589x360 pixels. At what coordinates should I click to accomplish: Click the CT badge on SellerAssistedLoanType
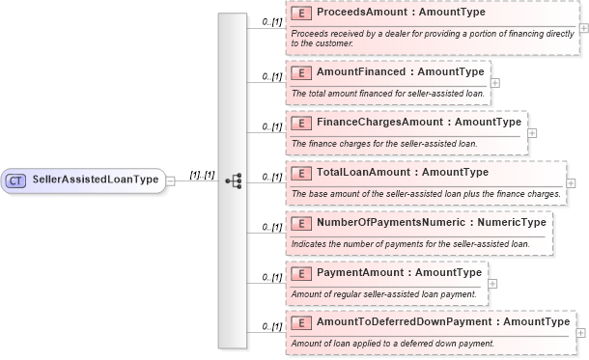(x=16, y=180)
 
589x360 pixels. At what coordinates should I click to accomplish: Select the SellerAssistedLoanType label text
(x=95, y=180)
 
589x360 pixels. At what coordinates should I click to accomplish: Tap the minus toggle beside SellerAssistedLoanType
(x=170, y=180)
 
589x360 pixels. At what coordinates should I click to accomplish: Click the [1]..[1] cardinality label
(x=202, y=174)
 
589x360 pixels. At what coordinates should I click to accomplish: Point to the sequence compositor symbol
(x=232, y=180)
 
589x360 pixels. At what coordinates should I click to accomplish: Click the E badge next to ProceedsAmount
(x=302, y=14)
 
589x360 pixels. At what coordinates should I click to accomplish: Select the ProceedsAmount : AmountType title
(x=401, y=14)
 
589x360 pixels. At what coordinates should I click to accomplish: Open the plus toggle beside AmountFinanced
(x=495, y=82)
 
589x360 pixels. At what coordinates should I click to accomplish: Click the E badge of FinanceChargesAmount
(x=302, y=123)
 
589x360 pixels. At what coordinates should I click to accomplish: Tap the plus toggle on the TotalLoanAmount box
(x=571, y=183)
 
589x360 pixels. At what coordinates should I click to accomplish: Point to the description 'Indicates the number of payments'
(x=410, y=243)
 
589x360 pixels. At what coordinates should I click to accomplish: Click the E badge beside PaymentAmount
(x=302, y=273)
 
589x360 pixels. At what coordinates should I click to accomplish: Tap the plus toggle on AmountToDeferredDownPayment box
(x=580, y=333)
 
